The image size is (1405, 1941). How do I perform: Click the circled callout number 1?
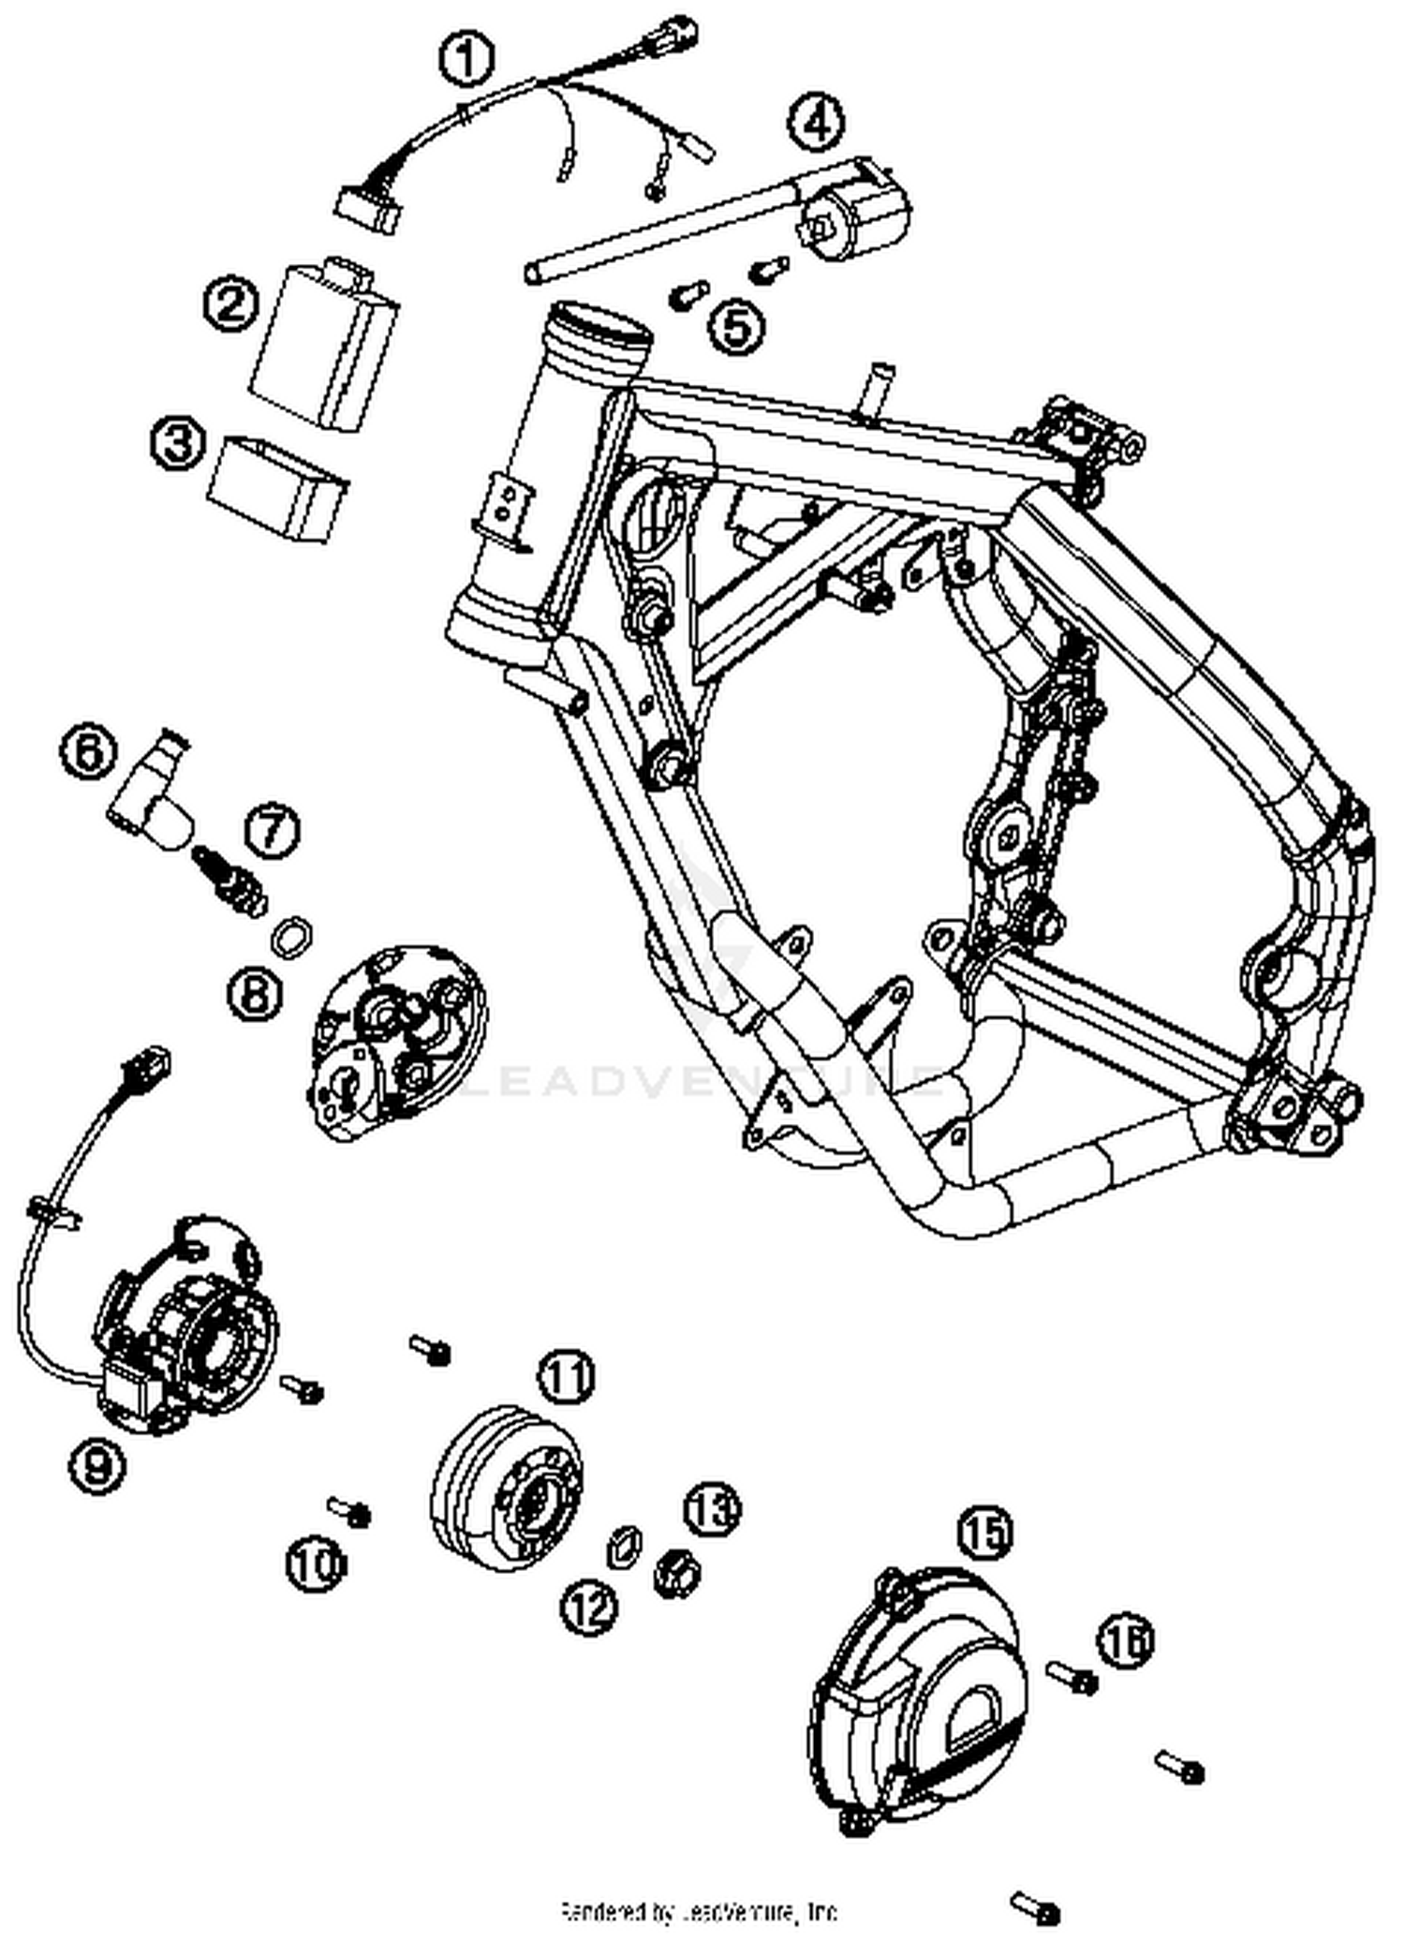pos(466,61)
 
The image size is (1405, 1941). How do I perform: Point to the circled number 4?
pos(817,122)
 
